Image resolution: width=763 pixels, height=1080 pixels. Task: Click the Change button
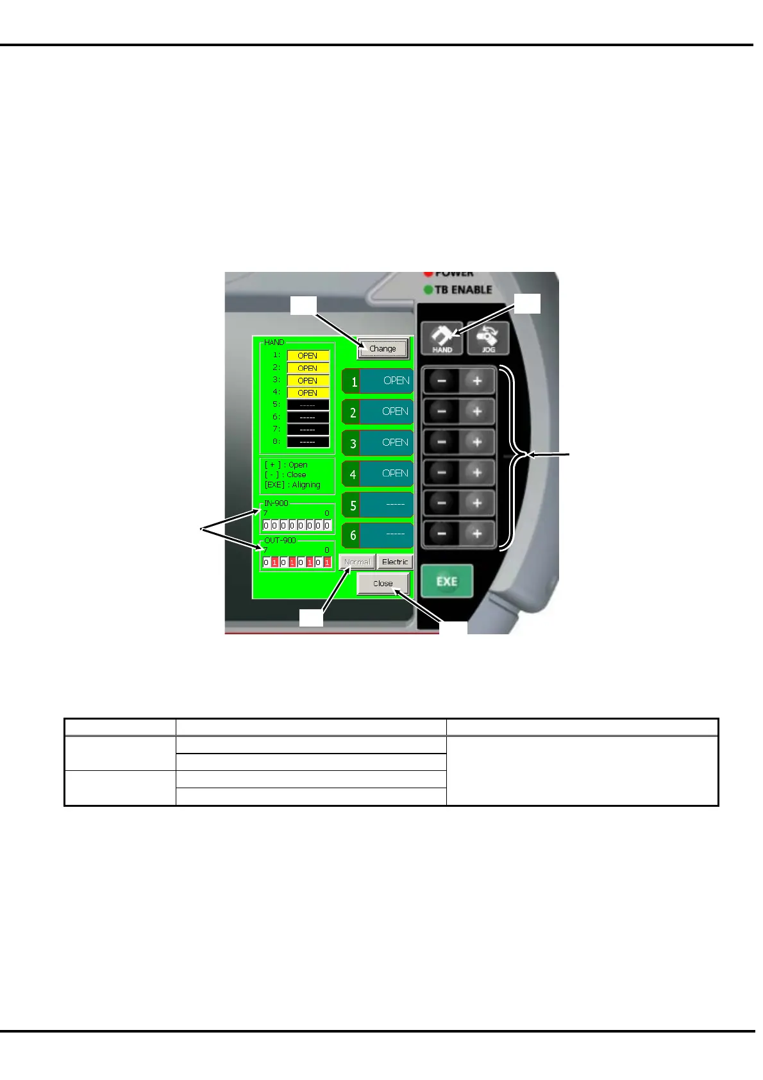(x=383, y=348)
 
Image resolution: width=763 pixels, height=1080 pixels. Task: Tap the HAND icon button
(x=442, y=338)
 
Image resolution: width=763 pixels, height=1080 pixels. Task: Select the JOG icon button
(x=488, y=338)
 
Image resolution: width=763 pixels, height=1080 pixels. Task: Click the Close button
(x=383, y=584)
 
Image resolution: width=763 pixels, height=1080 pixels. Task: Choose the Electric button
(x=395, y=562)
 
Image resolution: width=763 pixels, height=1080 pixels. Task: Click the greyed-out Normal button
(x=357, y=562)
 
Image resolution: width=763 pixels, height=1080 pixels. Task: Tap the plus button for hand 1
(x=477, y=381)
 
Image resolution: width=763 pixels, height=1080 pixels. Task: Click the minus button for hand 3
(x=442, y=443)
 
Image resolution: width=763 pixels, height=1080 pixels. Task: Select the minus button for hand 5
(x=442, y=503)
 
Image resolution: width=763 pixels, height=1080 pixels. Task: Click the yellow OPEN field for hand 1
(x=308, y=355)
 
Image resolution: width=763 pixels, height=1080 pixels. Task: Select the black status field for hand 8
(x=308, y=442)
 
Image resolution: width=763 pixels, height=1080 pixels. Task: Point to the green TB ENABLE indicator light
(x=428, y=290)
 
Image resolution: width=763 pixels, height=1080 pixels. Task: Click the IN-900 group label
(x=276, y=503)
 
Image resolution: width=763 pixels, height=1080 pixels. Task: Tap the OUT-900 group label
(x=280, y=541)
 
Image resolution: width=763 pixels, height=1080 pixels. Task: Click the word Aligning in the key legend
(x=306, y=485)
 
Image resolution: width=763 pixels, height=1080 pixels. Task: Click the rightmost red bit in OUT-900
(x=327, y=562)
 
